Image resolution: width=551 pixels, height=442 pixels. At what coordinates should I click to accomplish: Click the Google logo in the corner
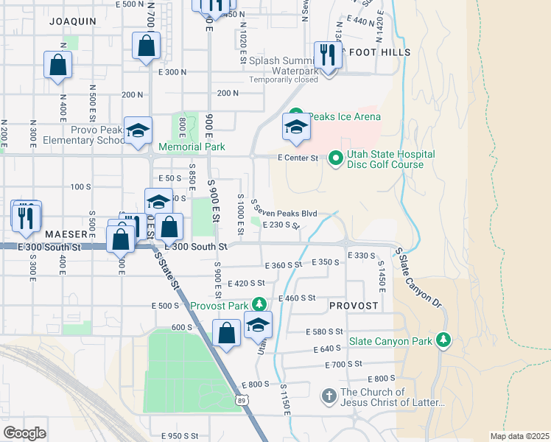25,433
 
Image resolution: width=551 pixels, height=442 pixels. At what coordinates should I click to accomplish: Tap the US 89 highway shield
242,400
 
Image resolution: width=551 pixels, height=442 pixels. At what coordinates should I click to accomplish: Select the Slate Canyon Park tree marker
443,340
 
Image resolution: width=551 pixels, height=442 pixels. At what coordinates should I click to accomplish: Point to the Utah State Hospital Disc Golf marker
336,158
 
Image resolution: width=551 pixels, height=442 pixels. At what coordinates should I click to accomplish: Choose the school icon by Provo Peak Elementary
137,132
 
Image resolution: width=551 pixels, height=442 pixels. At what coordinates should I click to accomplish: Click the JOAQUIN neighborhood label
73,21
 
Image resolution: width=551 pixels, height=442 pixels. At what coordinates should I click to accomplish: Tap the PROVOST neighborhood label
354,305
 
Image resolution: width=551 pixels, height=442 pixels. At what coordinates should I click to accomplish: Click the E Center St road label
298,158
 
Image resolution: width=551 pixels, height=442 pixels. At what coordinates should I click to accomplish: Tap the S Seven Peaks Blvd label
284,214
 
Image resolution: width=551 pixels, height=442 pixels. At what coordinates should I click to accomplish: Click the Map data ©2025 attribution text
519,436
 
